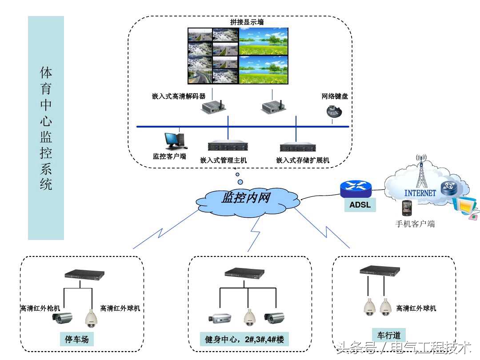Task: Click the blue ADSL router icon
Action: [356, 188]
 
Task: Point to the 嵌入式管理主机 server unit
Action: [228, 146]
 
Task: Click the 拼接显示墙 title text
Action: [247, 22]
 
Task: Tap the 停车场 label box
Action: [77, 340]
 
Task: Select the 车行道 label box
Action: [389, 335]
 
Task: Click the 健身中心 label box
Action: [244, 340]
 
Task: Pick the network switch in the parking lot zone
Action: [84, 275]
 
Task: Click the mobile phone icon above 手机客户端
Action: [406, 208]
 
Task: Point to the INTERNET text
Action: [420, 193]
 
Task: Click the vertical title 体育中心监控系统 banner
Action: [46, 128]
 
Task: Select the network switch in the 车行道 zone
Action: [379, 270]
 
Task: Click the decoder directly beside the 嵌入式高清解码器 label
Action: [212, 107]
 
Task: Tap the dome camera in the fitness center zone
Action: [248, 317]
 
